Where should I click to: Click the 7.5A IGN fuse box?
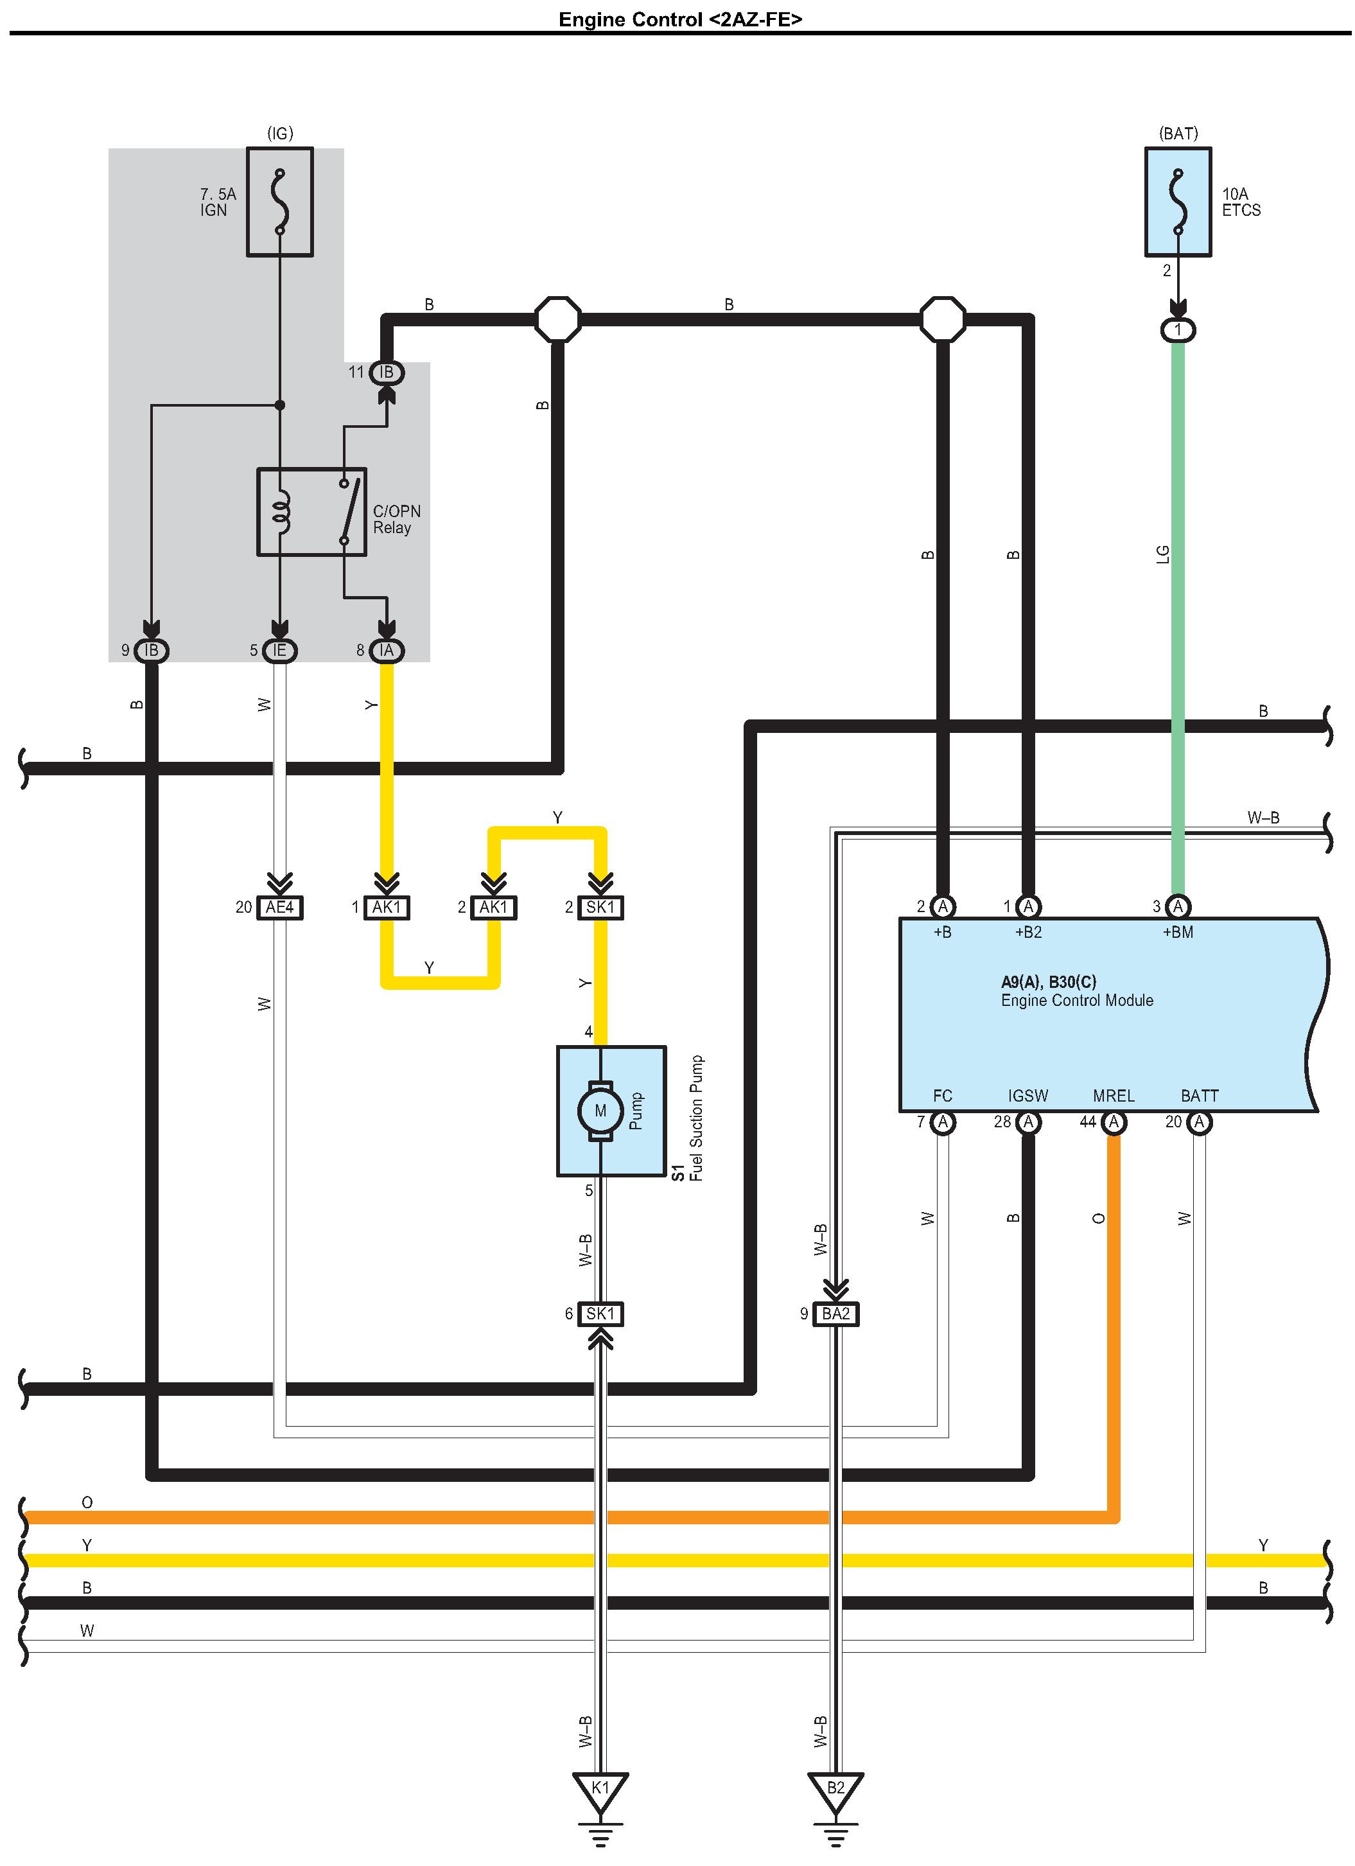pos(280,202)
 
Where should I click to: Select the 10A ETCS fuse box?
pos(1178,202)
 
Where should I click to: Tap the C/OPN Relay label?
pos(396,519)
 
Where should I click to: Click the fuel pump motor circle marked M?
pos(600,1111)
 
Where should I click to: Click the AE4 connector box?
pos(280,908)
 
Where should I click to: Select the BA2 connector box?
pos(836,1314)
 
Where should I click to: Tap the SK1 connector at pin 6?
pos(600,1314)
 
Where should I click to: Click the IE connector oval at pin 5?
pos(280,651)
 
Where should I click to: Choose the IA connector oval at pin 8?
pos(387,651)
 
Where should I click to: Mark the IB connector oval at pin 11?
pos(387,373)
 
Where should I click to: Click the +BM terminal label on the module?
pos(1178,932)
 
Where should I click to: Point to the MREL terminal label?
pos(1114,1096)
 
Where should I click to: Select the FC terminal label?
pos(943,1096)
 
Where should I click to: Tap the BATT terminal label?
pos(1200,1096)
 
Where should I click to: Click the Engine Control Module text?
pos(1077,1001)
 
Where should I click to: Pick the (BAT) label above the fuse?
pos(1178,134)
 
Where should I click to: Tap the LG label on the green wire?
pos(1162,554)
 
